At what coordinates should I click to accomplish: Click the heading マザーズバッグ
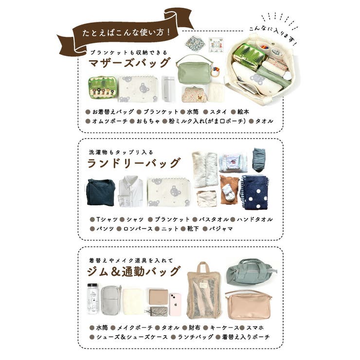coord(129,63)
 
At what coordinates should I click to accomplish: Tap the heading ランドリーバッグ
coord(134,163)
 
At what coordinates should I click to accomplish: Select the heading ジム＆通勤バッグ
coord(134,271)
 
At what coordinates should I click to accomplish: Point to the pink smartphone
coord(175,304)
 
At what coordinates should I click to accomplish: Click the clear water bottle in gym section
coord(92,299)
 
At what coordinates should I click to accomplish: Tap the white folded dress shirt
coord(131,192)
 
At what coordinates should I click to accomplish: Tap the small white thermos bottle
coord(168,88)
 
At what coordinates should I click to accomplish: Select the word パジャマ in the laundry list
coord(221,228)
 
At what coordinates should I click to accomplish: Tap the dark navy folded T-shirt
coord(101,193)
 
